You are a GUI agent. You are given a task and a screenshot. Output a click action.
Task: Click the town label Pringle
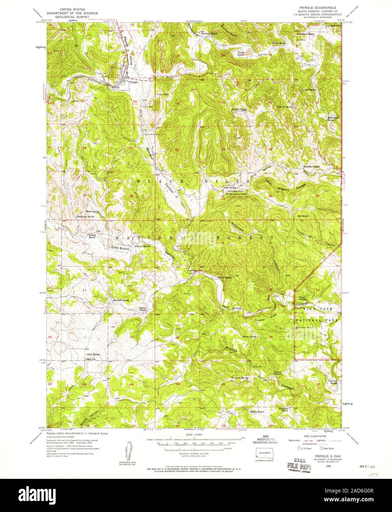pyautogui.click(x=133, y=82)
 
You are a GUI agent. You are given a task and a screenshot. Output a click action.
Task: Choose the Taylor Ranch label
pyautogui.click(x=224, y=277)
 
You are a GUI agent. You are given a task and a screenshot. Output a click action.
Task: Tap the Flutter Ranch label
pyautogui.click(x=143, y=246)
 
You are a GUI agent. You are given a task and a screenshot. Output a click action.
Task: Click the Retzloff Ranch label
pyautogui.click(x=121, y=300)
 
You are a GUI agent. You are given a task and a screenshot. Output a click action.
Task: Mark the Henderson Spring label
pyautogui.click(x=85, y=217)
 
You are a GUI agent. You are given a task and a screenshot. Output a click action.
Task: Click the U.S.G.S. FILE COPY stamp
pyautogui.click(x=299, y=463)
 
